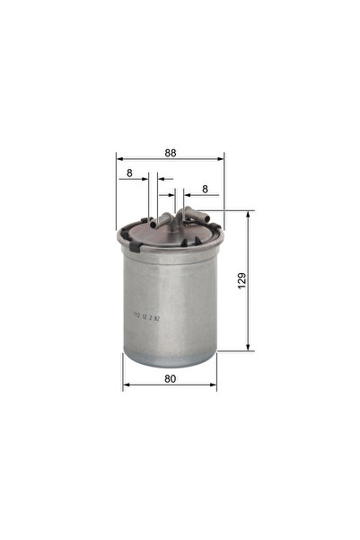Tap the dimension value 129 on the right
241,280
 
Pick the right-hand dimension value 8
206,190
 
